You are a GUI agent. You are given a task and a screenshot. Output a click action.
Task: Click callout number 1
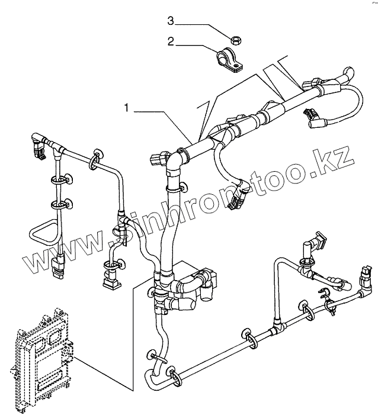126,108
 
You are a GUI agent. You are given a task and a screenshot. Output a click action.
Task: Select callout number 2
170,42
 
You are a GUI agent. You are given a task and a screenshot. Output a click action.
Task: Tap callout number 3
170,22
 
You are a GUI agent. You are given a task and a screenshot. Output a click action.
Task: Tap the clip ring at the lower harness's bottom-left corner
172,374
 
